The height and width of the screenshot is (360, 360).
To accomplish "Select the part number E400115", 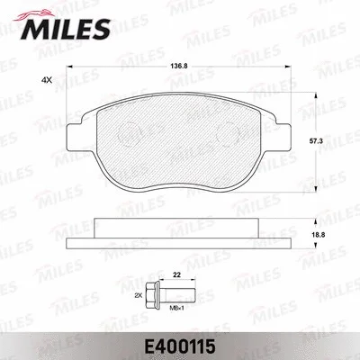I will coord(180,343).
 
